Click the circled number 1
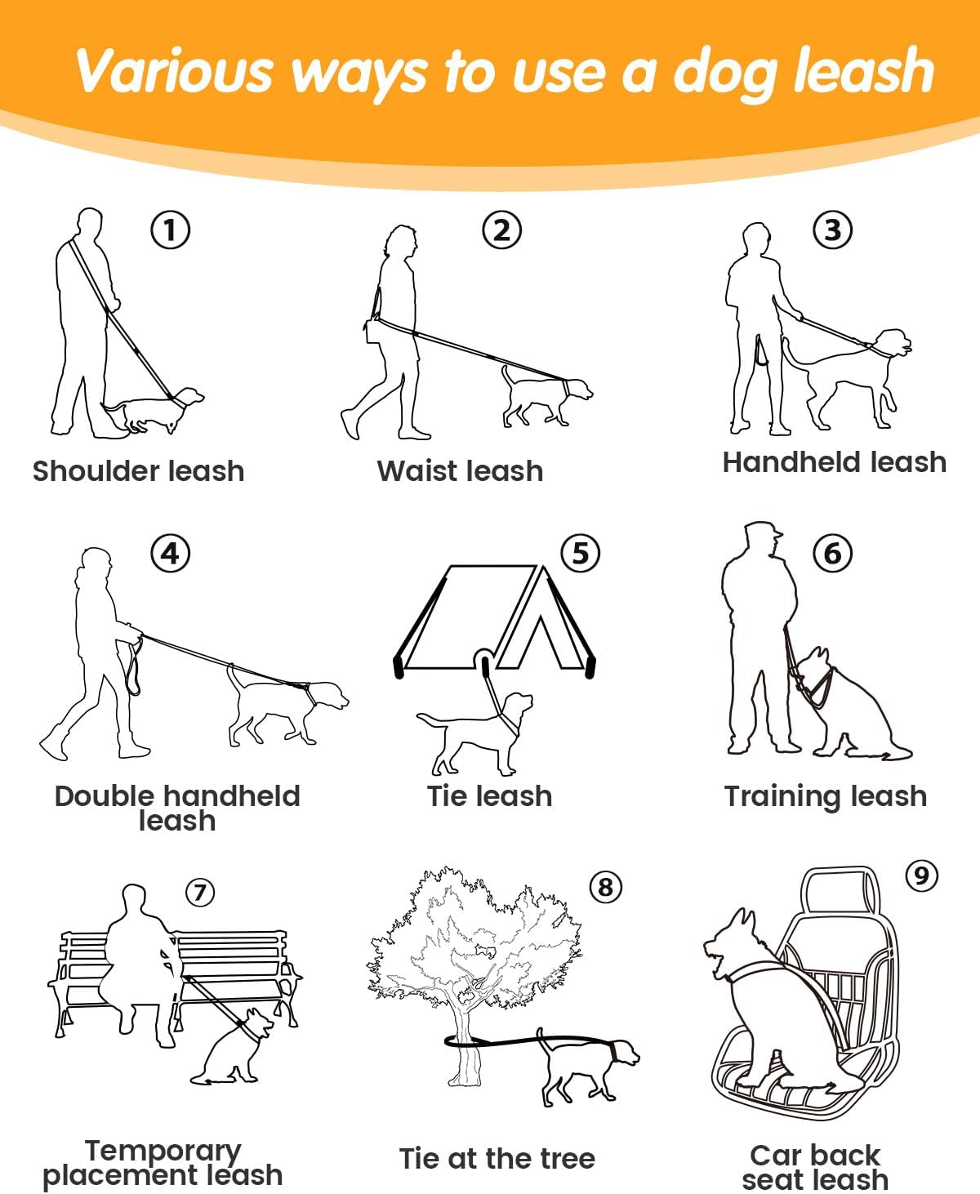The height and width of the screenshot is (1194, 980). [x=170, y=229]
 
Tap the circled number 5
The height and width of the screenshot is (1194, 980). [x=581, y=553]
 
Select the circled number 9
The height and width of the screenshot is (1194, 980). [x=922, y=875]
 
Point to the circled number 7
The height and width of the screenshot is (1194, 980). [x=200, y=893]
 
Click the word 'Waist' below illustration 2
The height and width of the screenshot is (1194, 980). [x=417, y=471]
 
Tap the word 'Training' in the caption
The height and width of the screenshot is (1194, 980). [x=777, y=797]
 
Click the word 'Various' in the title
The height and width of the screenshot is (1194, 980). [x=175, y=71]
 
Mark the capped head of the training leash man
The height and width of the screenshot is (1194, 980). [x=762, y=538]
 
